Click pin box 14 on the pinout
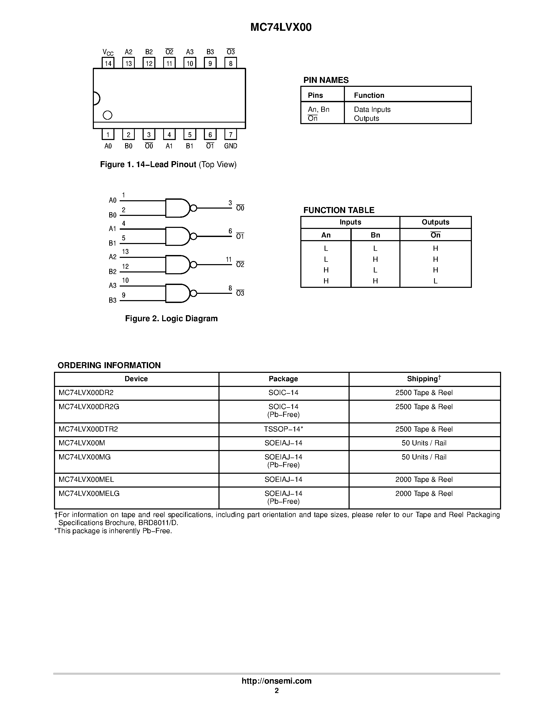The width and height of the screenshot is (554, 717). click(x=108, y=63)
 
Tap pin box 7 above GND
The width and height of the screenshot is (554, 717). click(x=230, y=135)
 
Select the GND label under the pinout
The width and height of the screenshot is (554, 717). click(x=230, y=146)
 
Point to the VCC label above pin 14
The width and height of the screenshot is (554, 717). click(x=108, y=52)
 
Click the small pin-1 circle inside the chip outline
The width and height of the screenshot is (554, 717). click(x=107, y=115)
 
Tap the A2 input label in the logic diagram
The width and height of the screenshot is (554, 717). click(x=113, y=257)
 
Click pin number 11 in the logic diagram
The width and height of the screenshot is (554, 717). click(x=228, y=260)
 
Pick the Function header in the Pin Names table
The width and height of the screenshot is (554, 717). click(x=369, y=95)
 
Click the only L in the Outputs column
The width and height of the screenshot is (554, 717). click(x=435, y=281)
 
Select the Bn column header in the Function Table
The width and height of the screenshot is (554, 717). click(x=375, y=235)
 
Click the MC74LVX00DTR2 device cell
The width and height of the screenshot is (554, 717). click(x=88, y=429)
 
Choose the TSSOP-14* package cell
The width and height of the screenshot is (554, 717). click(x=283, y=429)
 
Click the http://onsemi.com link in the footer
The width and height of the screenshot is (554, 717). click(x=276, y=681)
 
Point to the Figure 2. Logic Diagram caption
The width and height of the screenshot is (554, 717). click(x=171, y=318)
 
